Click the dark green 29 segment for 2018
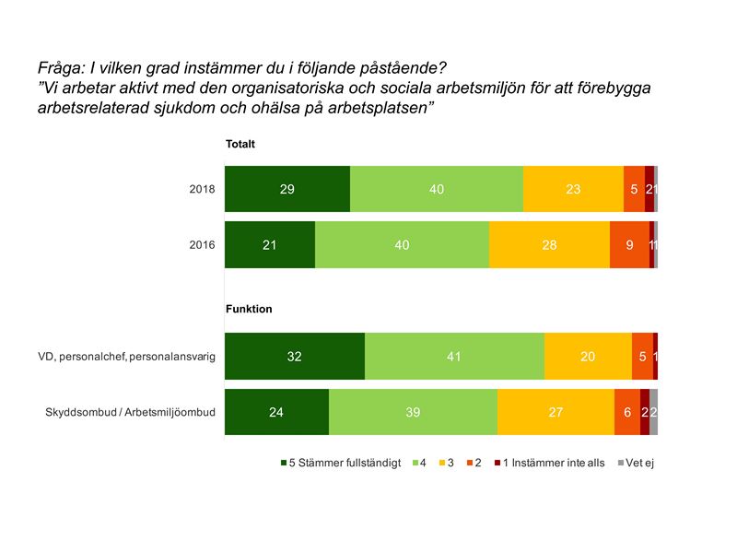click(x=287, y=189)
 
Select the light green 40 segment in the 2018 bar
click(x=436, y=189)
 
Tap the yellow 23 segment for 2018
click(x=573, y=189)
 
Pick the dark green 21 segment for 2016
click(x=269, y=245)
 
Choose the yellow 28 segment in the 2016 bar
click(x=549, y=245)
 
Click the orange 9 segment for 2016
click(x=629, y=245)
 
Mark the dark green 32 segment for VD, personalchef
click(x=294, y=356)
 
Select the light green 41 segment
click(x=453, y=356)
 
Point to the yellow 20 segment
click(x=588, y=356)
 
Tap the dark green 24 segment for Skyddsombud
click(x=276, y=412)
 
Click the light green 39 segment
click(x=413, y=412)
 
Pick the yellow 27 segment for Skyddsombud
click(x=556, y=412)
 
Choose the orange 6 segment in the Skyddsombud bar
click(x=627, y=412)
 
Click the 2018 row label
click(x=202, y=190)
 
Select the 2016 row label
click(x=202, y=245)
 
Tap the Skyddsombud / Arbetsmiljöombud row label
click(x=130, y=412)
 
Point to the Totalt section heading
click(x=240, y=145)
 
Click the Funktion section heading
click(x=249, y=310)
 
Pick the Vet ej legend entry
click(x=639, y=463)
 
